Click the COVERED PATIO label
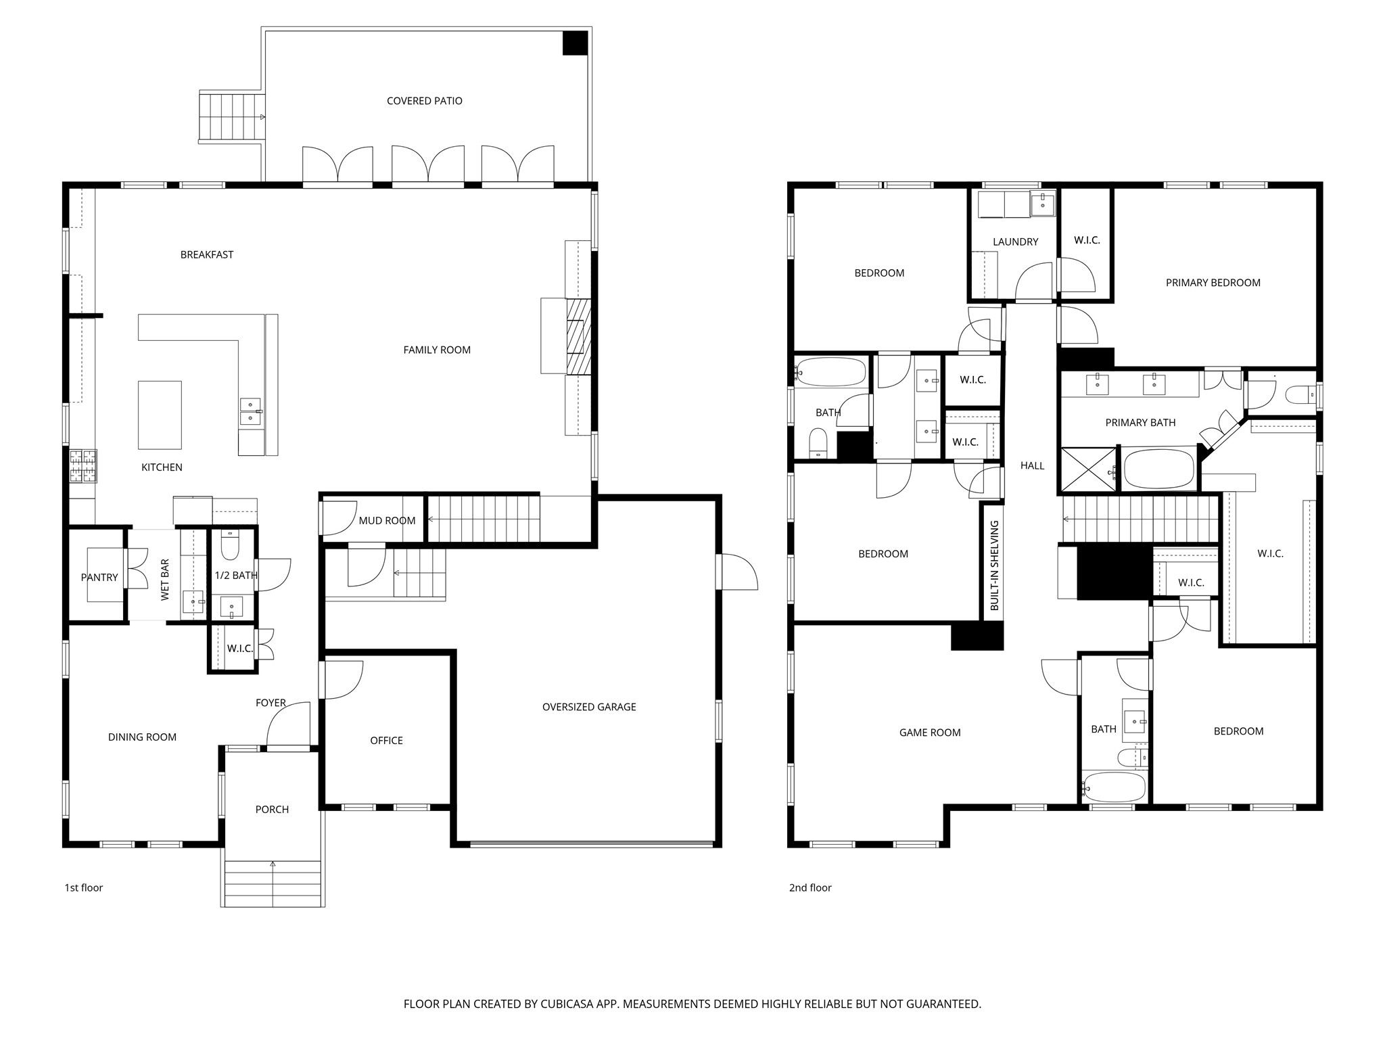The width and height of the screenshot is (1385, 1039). click(x=424, y=101)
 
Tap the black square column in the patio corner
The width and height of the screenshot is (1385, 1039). click(x=576, y=43)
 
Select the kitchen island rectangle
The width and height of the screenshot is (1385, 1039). click(x=160, y=415)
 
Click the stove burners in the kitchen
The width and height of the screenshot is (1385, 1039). click(x=83, y=466)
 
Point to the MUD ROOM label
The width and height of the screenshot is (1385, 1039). click(x=387, y=520)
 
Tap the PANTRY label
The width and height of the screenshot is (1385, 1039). click(x=99, y=577)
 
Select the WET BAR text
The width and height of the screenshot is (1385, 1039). click(x=165, y=580)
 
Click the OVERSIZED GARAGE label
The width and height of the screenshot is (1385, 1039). click(x=588, y=707)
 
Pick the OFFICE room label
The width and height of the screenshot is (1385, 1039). click(x=386, y=741)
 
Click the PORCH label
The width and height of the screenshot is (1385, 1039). click(x=272, y=809)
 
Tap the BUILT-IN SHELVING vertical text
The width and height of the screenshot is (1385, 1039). click(x=994, y=565)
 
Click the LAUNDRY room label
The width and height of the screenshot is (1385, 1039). click(x=1015, y=241)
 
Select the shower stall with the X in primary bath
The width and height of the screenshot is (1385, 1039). click(x=1087, y=469)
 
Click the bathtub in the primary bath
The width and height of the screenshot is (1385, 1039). click(x=1158, y=469)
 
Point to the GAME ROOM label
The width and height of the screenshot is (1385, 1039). click(x=929, y=732)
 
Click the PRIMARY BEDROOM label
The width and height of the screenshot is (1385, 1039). click(x=1213, y=283)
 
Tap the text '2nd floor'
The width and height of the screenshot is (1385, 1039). click(x=809, y=887)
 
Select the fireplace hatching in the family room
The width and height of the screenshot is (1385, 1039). click(x=579, y=336)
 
